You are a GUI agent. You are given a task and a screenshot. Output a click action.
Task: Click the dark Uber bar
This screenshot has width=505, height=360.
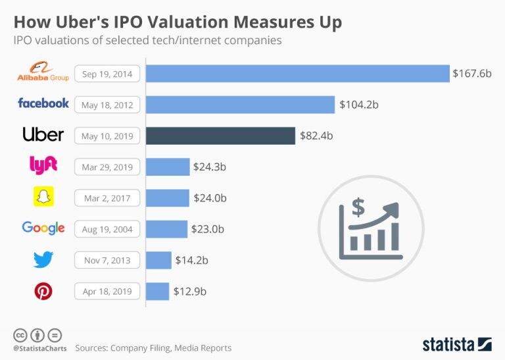[x=220, y=136]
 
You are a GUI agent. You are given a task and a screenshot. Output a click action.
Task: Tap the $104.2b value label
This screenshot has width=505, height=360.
[x=359, y=105]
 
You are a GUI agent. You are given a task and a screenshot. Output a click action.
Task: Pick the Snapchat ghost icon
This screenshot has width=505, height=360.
[x=43, y=197]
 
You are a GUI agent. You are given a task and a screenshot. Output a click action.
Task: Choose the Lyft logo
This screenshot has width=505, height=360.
[x=43, y=166]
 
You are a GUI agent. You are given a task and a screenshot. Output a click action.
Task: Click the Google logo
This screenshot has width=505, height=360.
[x=43, y=229]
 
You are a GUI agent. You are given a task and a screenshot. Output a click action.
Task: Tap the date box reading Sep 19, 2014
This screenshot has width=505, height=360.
[x=107, y=74]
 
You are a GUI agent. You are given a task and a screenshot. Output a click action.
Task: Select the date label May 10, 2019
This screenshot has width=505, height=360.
[x=107, y=136]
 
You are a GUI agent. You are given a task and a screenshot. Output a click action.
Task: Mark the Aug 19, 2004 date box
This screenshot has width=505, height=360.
[x=107, y=230]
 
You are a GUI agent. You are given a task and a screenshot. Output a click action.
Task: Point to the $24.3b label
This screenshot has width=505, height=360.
[x=210, y=167]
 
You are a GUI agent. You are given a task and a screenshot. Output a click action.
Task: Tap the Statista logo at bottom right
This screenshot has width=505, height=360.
[x=456, y=344]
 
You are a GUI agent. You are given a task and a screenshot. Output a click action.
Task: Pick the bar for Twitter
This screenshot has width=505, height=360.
[x=158, y=261]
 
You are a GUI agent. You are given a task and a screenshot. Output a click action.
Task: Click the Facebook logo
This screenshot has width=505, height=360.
[x=43, y=103]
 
